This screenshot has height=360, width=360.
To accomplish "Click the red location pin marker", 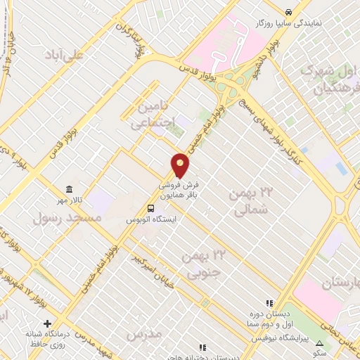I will pyautogui.click(x=180, y=165).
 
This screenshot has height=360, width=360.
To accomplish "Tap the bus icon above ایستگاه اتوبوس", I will pyautogui.click(x=150, y=208).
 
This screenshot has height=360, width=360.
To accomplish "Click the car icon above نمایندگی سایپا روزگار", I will pyautogui.click(x=289, y=12).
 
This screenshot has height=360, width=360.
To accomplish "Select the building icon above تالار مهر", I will pyautogui.click(x=69, y=190).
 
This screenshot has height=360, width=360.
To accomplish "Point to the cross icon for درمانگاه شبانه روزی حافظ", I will pyautogui.click(x=47, y=324).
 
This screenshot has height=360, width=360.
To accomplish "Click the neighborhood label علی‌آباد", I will pyautogui.click(x=64, y=54).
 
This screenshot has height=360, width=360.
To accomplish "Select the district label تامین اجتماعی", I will pyautogui.click(x=152, y=115).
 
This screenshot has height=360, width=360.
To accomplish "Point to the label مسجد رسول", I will pyautogui.click(x=67, y=218).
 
